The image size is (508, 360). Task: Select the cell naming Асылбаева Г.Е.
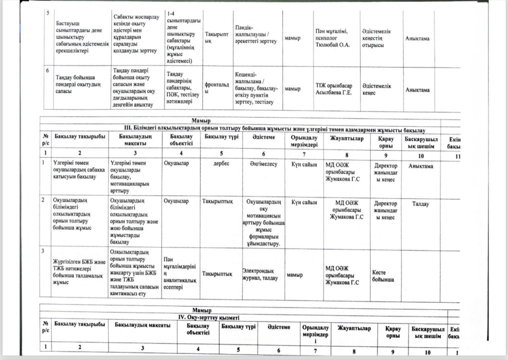(333, 89)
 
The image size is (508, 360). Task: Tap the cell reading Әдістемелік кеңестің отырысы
(376, 38)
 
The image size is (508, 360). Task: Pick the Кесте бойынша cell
(382, 275)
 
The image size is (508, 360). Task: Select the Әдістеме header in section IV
(278, 327)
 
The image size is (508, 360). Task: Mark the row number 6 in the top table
(47, 70)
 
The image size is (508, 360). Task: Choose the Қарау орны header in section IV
(390, 331)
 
